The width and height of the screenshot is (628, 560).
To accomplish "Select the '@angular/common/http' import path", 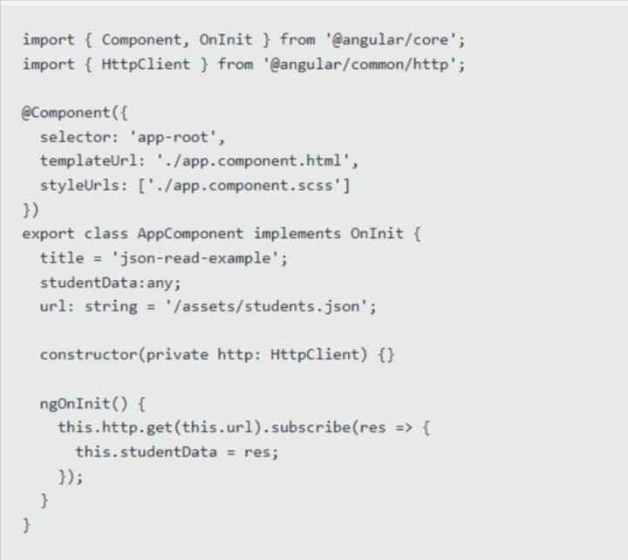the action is pyautogui.click(x=364, y=64).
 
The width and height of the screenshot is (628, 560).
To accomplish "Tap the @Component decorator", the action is pyautogui.click(x=66, y=113).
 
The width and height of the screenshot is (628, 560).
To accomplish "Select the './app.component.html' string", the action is pyautogui.click(x=257, y=161).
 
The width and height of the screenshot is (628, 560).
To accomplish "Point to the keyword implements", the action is pyautogui.click(x=297, y=234).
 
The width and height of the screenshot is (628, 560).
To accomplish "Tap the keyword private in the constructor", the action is pyautogui.click(x=177, y=355).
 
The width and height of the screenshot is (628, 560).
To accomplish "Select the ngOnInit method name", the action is pyautogui.click(x=75, y=404).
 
